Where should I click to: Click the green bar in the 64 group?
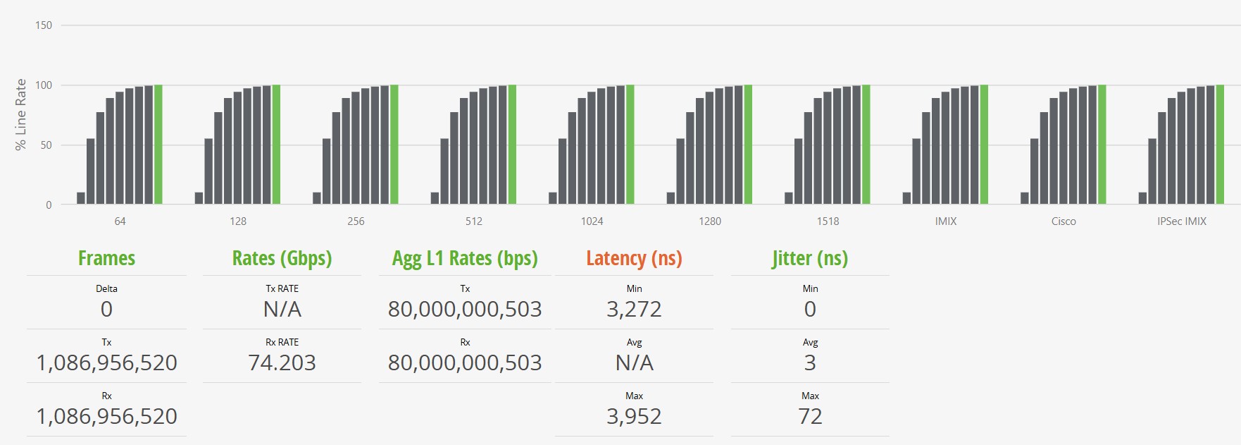(158, 145)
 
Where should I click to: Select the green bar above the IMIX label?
(984, 145)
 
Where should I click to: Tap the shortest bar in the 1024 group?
(553, 198)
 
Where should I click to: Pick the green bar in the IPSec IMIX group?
(1220, 145)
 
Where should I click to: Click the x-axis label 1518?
(828, 221)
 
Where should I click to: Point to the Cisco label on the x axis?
(1064, 221)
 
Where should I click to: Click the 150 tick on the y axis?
(44, 25)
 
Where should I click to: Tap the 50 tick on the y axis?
(46, 145)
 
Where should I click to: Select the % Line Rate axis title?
(21, 114)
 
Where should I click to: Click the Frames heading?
(106, 259)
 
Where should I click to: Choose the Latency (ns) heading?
(634, 259)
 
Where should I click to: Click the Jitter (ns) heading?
(810, 259)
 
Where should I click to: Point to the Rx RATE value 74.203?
(282, 362)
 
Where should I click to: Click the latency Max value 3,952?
(634, 416)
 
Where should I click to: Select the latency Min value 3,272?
(634, 309)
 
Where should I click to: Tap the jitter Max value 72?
(810, 416)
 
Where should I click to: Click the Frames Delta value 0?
(106, 309)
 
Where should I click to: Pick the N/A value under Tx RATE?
(282, 309)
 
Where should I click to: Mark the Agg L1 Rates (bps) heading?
(465, 259)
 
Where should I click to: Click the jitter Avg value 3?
(810, 362)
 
